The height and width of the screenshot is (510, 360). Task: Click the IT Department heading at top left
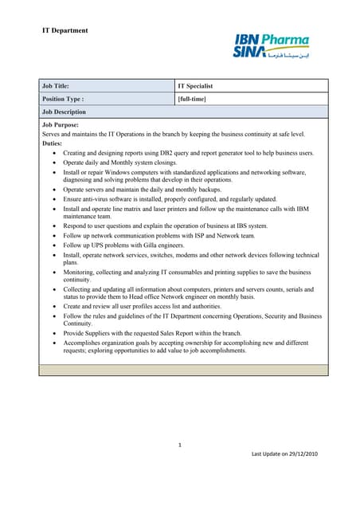[65, 31]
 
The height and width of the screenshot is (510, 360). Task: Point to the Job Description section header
[64, 112]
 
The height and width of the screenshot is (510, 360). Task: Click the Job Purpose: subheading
[61, 126]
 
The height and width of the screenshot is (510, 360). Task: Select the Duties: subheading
[52, 143]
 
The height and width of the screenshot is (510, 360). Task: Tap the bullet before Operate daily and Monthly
[54, 162]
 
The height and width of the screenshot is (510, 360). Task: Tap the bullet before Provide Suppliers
[54, 333]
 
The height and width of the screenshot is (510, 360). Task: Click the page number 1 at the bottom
[181, 445]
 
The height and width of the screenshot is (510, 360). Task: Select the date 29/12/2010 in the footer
[301, 453]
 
